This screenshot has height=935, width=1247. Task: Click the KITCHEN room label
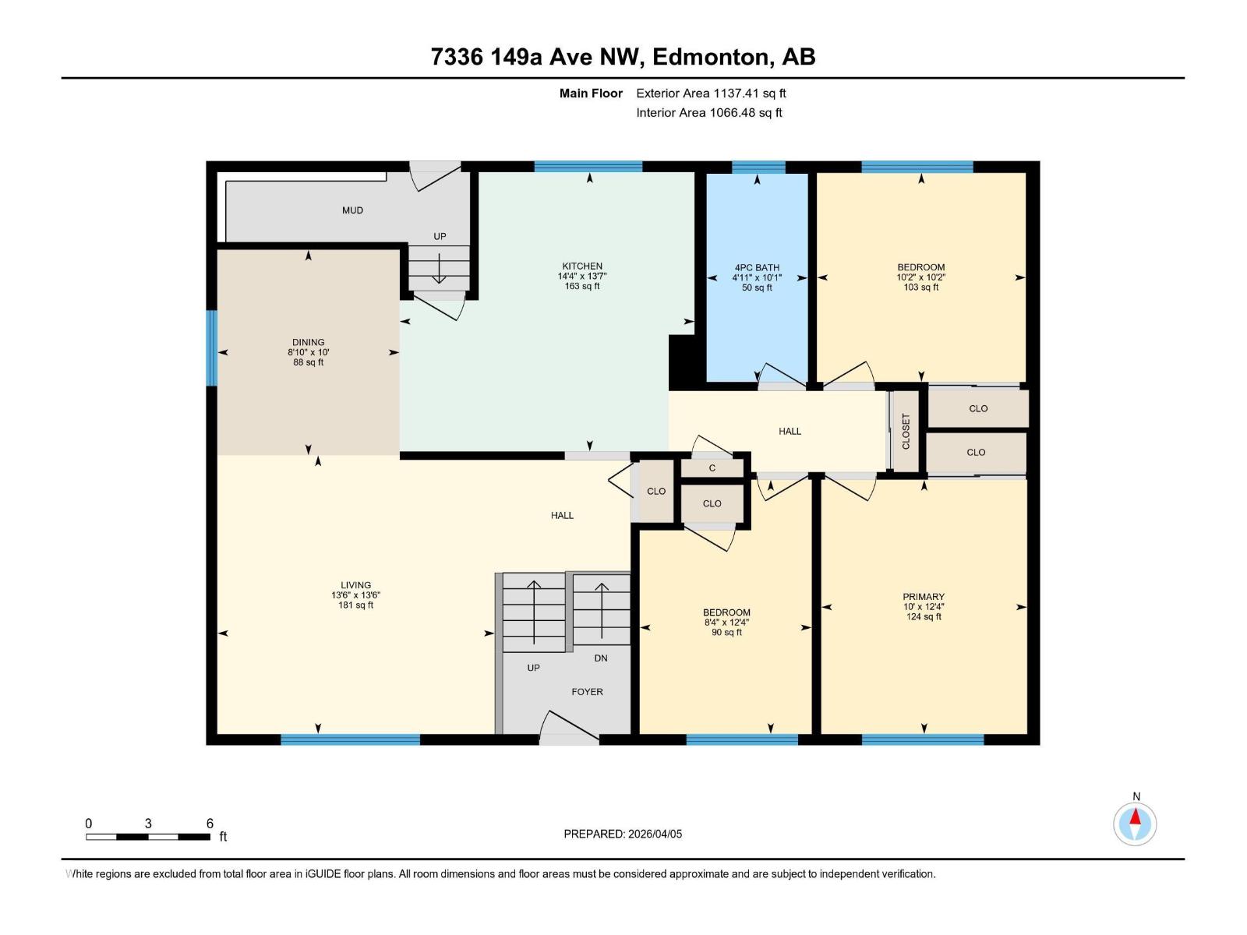point(582,266)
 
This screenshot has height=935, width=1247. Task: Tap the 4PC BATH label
point(757,267)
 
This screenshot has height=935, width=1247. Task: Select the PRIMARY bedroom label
point(924,597)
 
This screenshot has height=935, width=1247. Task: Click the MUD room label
point(352,210)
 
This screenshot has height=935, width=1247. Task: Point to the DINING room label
point(308,342)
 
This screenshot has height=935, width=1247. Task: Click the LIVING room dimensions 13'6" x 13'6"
point(355,595)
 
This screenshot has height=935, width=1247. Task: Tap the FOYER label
point(587,692)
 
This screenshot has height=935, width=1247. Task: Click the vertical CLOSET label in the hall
point(906,432)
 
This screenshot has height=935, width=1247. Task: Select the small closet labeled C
point(712,468)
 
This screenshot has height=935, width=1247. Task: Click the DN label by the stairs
point(600,658)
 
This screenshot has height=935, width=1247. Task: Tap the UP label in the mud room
point(440,237)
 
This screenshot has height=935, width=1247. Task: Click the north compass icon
point(1135,824)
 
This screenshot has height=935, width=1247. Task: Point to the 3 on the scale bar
point(148,824)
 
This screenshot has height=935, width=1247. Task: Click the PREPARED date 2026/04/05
point(654,834)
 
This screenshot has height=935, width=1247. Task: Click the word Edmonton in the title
point(711,57)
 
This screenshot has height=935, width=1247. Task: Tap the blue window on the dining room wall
point(211,348)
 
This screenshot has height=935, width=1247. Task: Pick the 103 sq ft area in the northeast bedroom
point(920,288)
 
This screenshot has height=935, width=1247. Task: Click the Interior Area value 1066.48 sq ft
point(745,113)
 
